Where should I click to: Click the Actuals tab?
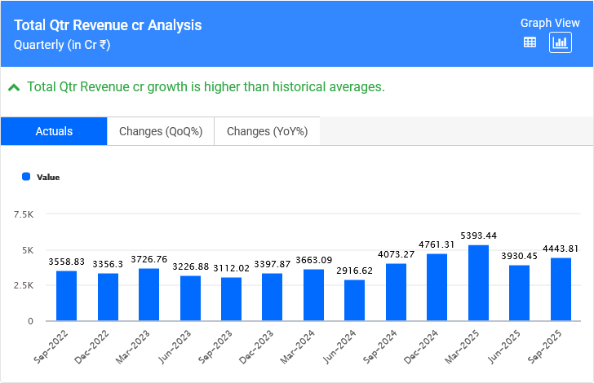[54, 131]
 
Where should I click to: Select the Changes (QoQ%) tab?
[161, 131]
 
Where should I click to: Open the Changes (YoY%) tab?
[267, 131]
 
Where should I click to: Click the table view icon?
[530, 43]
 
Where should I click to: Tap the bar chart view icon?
[561, 43]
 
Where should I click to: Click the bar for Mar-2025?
[478, 283]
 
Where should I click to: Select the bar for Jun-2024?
[354, 300]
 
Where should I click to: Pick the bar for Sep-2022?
[66, 295]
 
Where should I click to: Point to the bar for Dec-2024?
[437, 287]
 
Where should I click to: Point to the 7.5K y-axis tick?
[23, 214]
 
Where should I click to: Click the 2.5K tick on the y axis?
[23, 285]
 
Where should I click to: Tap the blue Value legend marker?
[26, 176]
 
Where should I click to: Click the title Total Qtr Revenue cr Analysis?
[108, 25]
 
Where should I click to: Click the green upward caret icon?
[14, 87]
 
